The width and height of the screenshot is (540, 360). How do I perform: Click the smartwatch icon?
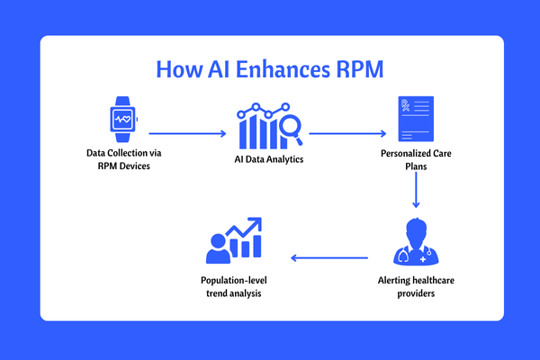click(123, 119)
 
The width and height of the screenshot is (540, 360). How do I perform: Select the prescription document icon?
click(416, 119)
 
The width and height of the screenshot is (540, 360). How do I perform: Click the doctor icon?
click(416, 241)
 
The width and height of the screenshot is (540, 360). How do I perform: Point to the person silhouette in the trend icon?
click(218, 248)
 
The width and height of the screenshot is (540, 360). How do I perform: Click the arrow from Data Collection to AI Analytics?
click(188, 133)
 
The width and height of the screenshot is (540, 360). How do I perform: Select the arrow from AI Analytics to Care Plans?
click(347, 133)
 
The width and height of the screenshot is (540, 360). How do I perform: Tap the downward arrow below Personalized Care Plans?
click(416, 190)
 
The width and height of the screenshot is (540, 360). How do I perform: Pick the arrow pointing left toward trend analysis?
click(329, 257)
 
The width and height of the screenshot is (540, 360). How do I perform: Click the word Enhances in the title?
click(283, 69)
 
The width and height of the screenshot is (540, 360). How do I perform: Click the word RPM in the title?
click(359, 69)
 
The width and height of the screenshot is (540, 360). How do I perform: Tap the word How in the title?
click(179, 69)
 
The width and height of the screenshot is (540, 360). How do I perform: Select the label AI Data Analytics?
click(269, 159)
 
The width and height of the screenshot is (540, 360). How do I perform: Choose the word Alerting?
click(394, 281)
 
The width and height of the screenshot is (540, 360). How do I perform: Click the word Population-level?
click(234, 281)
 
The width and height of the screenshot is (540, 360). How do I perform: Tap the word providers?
click(416, 293)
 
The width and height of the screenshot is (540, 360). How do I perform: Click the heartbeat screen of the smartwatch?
click(123, 119)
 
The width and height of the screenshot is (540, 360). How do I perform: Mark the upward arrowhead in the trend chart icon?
click(256, 223)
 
